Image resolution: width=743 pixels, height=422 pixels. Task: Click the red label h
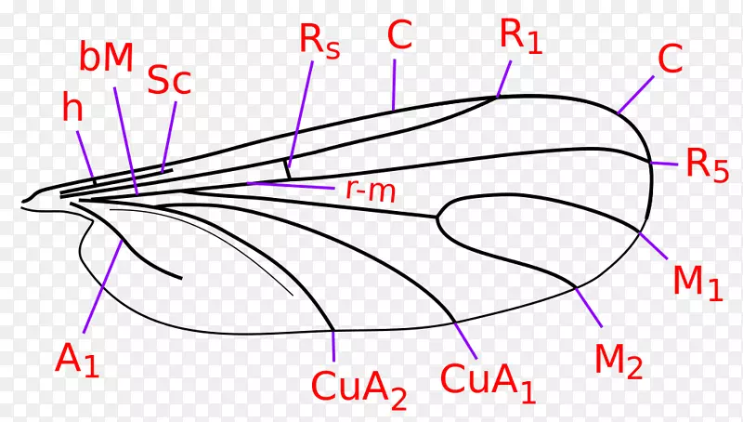click(72, 107)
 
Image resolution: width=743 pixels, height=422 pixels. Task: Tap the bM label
click(106, 58)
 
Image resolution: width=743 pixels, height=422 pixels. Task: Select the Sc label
click(169, 80)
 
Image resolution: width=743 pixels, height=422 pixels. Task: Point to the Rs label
click(319, 41)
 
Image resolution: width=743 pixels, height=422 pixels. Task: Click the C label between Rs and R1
click(399, 35)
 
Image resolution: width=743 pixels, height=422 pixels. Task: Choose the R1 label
click(520, 36)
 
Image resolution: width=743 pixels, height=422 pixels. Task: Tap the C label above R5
click(670, 58)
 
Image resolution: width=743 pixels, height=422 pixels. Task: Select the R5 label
click(707, 165)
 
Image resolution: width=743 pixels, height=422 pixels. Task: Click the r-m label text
click(371, 191)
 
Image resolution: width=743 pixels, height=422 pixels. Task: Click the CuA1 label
click(489, 381)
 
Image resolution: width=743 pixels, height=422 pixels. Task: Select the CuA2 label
click(359, 387)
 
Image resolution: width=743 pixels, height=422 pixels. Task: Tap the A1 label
click(78, 360)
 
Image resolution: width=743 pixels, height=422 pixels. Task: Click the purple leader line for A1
click(103, 286)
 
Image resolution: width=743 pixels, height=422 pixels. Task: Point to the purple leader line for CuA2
click(333, 346)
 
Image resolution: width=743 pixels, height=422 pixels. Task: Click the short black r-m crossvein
click(287, 170)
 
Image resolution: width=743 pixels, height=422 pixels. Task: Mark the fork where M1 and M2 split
click(437, 218)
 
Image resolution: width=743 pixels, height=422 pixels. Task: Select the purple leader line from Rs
click(300, 113)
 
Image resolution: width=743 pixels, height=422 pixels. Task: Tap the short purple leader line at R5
click(664, 164)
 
